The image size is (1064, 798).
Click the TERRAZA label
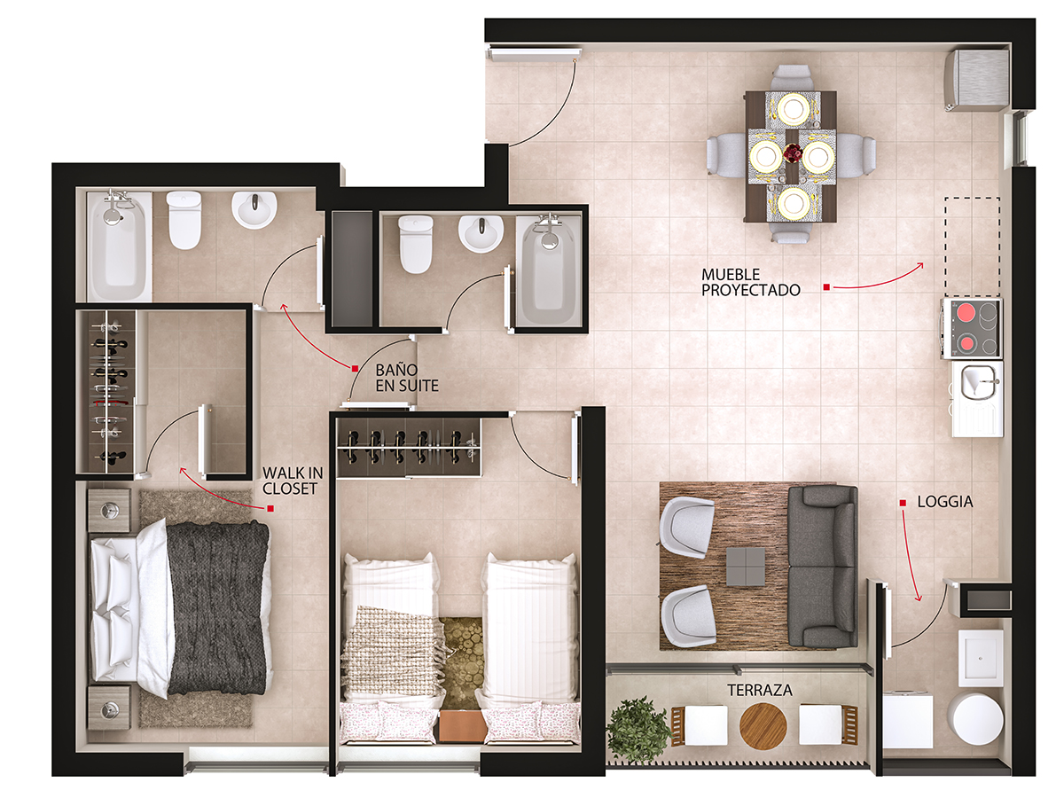(760, 690)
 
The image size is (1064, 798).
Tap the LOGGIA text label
(945, 502)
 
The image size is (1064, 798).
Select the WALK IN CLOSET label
(293, 481)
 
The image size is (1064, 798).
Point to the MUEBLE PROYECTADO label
(750, 282)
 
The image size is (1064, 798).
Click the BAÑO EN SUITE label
(407, 378)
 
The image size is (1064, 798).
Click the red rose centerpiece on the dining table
(793, 154)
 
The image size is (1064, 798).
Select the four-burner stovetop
(972, 328)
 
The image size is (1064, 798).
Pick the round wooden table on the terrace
(763, 725)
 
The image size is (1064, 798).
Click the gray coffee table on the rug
(746, 567)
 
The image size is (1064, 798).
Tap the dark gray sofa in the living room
(822, 567)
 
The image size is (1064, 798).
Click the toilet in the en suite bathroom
(184, 220)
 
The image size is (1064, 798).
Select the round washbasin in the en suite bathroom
(254, 209)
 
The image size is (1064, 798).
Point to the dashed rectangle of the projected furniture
(972, 246)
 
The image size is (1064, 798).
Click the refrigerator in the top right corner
(976, 80)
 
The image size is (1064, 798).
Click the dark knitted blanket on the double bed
(217, 607)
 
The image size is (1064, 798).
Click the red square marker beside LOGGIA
(903, 503)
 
